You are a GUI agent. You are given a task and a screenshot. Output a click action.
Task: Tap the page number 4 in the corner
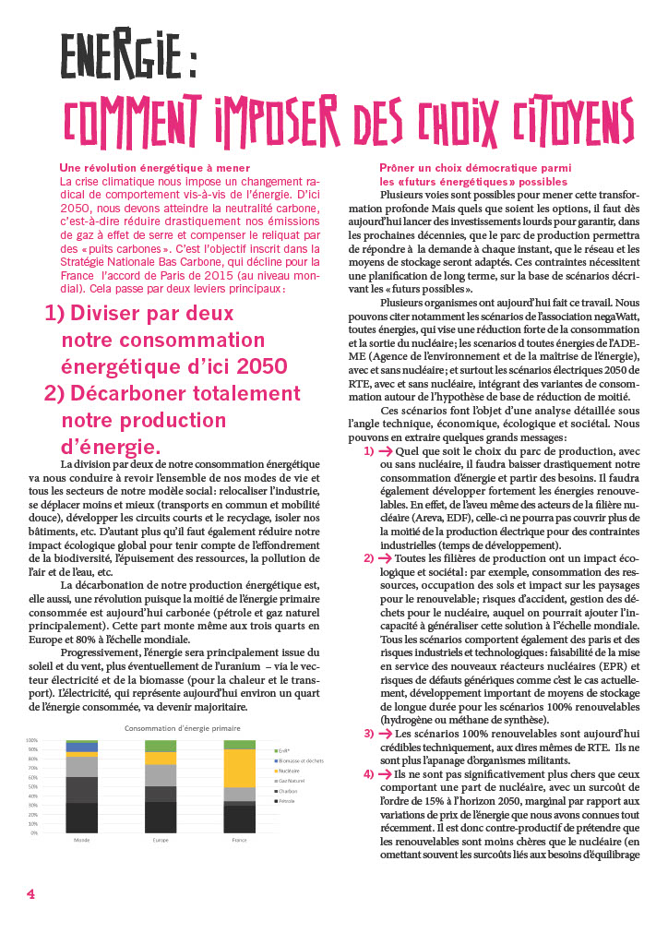point(30,893)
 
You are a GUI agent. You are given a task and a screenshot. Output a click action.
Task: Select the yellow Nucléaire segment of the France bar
point(240,768)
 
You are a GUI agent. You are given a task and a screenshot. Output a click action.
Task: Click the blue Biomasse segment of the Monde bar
point(82,748)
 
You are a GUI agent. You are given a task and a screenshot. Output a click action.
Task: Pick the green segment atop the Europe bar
point(161,746)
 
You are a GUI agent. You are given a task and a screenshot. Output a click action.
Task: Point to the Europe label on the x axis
point(161,840)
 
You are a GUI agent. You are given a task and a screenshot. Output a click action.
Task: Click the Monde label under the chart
point(82,840)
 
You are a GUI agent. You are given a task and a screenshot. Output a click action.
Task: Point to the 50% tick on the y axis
point(32,786)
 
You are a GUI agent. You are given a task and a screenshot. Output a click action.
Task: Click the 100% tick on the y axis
point(31,740)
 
